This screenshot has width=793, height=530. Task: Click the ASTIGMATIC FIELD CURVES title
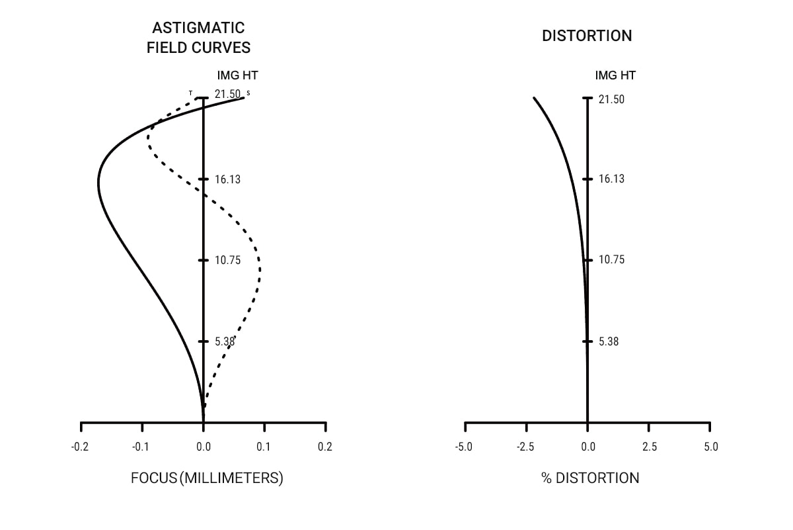point(198,38)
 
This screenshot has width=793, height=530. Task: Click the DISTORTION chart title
point(587,36)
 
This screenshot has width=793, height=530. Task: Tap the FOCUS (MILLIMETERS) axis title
point(207,478)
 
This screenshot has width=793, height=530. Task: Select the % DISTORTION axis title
point(590,478)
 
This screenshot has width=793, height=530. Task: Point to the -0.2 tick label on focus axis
point(79,447)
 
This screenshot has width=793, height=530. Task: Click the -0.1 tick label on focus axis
point(140,447)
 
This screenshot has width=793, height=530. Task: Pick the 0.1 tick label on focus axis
point(264,447)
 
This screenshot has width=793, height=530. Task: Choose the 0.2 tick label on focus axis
point(324,447)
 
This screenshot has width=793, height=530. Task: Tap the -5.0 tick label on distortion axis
point(463,447)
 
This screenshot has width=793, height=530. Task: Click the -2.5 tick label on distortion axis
point(525,447)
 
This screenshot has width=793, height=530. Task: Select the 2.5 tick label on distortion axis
point(650,447)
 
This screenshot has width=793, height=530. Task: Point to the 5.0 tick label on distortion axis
point(710,447)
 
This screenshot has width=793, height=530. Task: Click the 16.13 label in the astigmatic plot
point(227,179)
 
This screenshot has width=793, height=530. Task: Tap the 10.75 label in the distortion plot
point(611,260)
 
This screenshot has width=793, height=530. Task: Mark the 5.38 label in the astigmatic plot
point(225,341)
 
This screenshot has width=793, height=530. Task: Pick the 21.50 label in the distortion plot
point(611,99)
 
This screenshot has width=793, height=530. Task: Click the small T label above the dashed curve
point(190,93)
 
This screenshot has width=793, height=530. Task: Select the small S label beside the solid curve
point(248,93)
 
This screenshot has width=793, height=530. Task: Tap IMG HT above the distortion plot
point(615,75)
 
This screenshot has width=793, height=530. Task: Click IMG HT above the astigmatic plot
point(237,75)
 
